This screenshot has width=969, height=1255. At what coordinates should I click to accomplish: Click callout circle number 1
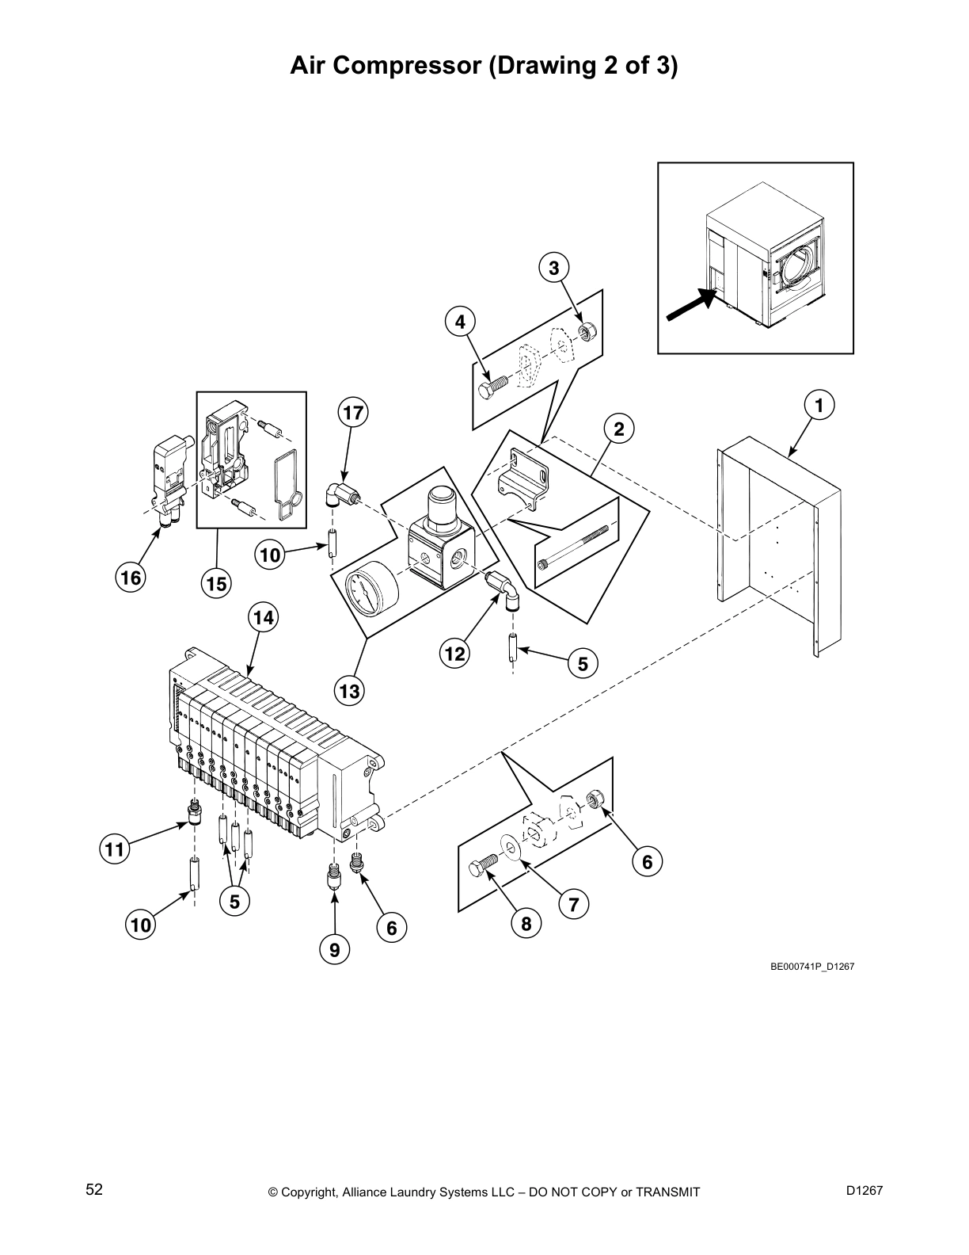coord(819,406)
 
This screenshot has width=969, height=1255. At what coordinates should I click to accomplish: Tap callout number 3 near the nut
coord(553,268)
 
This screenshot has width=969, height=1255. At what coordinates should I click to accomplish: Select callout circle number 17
coord(353,413)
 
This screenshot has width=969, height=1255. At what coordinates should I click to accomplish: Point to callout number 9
coord(335,949)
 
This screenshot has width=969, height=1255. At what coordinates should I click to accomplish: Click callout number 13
coord(349,692)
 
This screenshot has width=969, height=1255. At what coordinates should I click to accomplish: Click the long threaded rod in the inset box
coord(573,545)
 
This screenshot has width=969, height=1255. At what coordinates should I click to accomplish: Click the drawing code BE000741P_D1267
coord(812,967)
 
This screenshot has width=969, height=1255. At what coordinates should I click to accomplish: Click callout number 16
coord(131,578)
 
